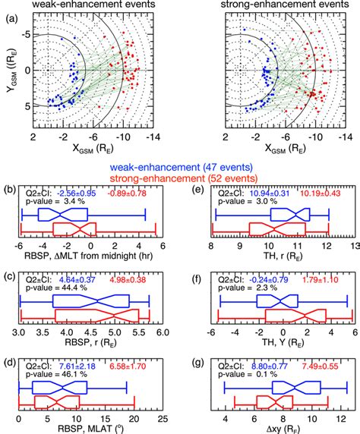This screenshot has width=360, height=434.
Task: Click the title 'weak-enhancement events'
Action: pyautogui.click(x=88, y=6)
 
